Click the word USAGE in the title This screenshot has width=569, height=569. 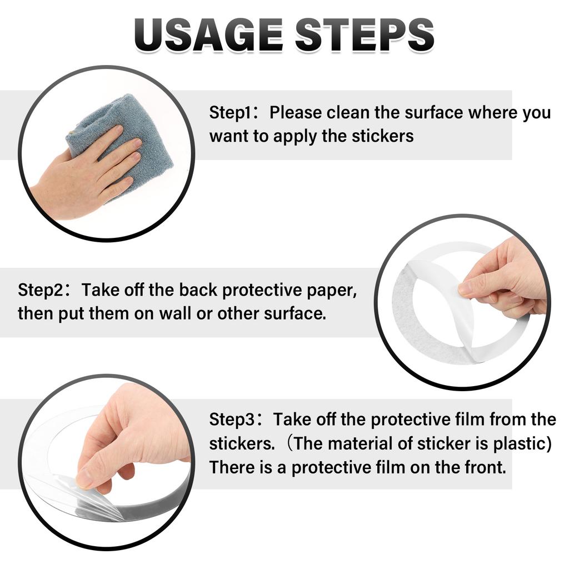click(x=208, y=34)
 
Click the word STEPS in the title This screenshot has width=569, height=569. click(x=365, y=34)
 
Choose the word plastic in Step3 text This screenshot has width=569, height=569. click(x=522, y=444)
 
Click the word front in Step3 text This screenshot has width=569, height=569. click(x=486, y=467)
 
